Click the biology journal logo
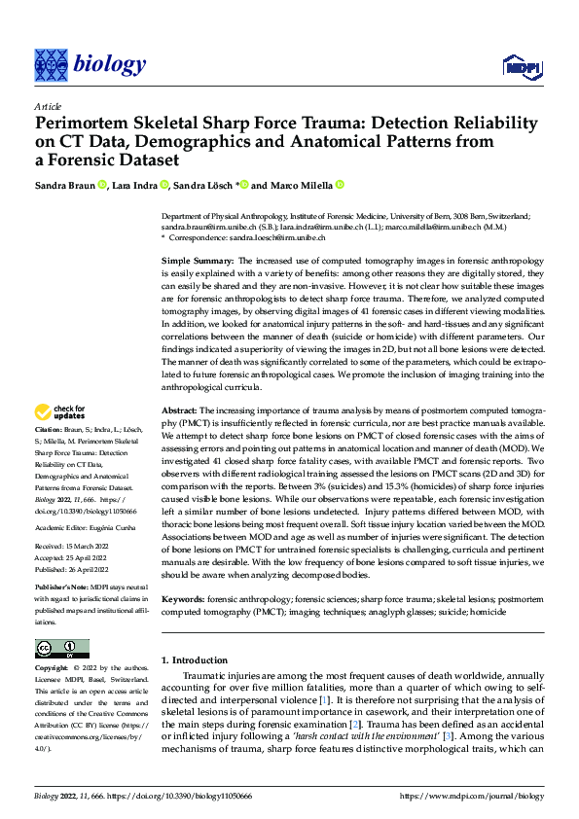coord(90,64)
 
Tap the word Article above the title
coord(48,106)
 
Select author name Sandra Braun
coord(64,185)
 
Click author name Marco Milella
coord(301,185)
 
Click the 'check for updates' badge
coord(61,439)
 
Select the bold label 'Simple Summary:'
coord(197,263)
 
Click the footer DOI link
coord(194,796)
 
